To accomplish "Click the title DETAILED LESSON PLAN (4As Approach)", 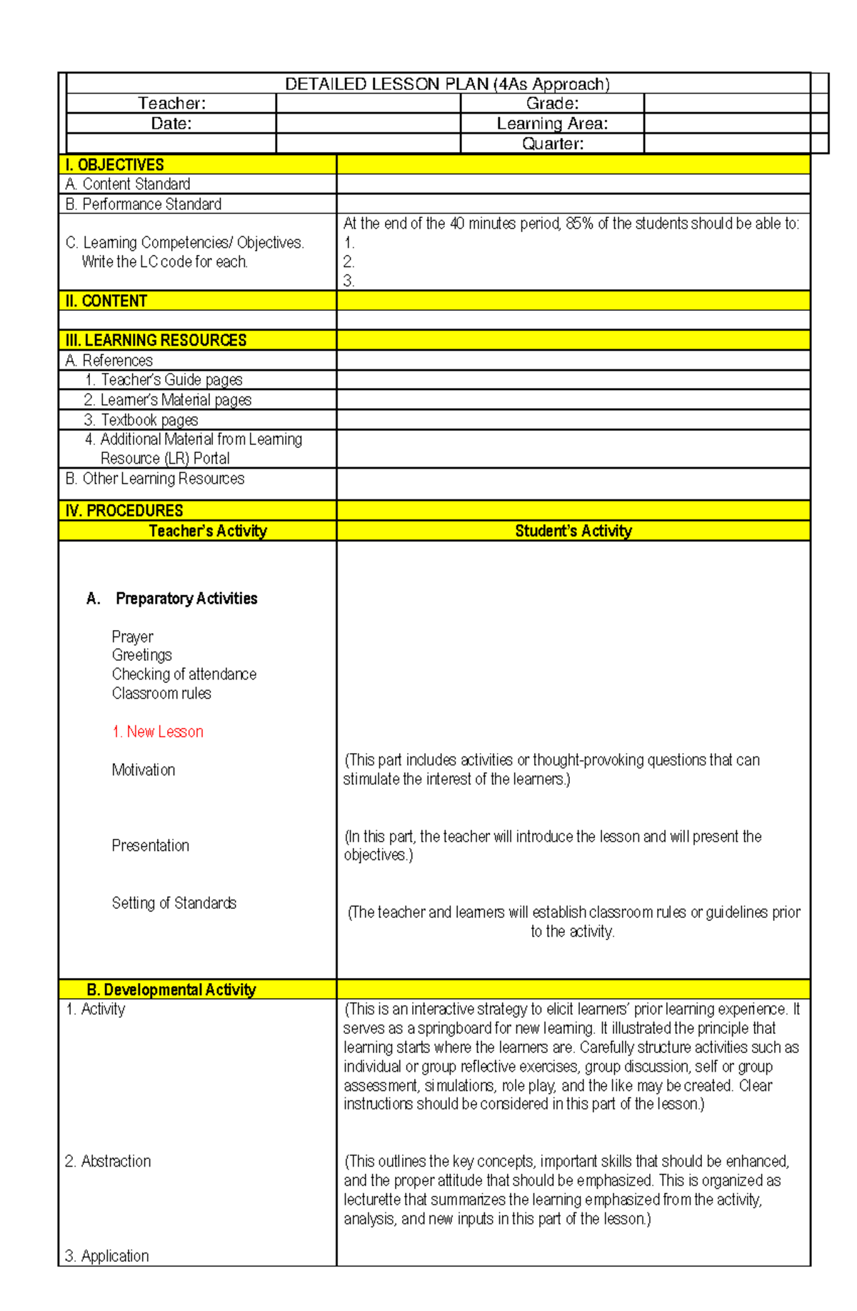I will [x=447, y=84].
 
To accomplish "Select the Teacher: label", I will [x=171, y=104].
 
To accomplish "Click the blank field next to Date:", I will [x=368, y=124].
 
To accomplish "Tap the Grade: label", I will [x=552, y=104].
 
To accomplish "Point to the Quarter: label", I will [x=552, y=144].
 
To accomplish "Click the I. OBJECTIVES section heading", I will [x=114, y=165].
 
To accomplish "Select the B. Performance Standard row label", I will [x=144, y=204].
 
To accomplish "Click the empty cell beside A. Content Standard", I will [x=573, y=184].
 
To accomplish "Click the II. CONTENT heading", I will [x=106, y=301].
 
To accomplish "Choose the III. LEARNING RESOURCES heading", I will [x=156, y=340].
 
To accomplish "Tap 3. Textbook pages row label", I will [x=141, y=420].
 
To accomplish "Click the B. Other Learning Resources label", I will [x=155, y=479].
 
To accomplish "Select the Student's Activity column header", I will [x=573, y=531].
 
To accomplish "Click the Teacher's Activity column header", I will [x=208, y=531].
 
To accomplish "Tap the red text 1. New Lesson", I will [x=158, y=732].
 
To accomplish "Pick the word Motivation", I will [x=144, y=770].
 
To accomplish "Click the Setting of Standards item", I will [x=174, y=903].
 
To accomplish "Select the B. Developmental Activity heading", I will [x=171, y=990].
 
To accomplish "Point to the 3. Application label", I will [x=107, y=1256].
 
